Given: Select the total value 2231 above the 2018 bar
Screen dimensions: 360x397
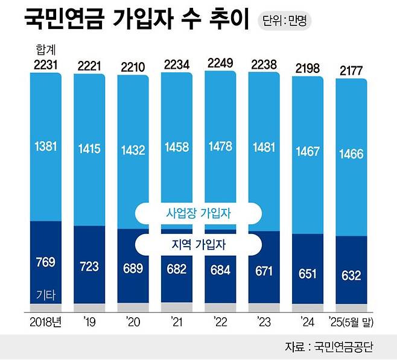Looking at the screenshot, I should point(45,65).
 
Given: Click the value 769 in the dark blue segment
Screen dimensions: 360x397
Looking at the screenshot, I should point(45,262).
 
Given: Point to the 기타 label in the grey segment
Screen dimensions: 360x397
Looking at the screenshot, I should point(45,295).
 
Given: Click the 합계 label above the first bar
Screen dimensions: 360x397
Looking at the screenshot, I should point(45,49).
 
